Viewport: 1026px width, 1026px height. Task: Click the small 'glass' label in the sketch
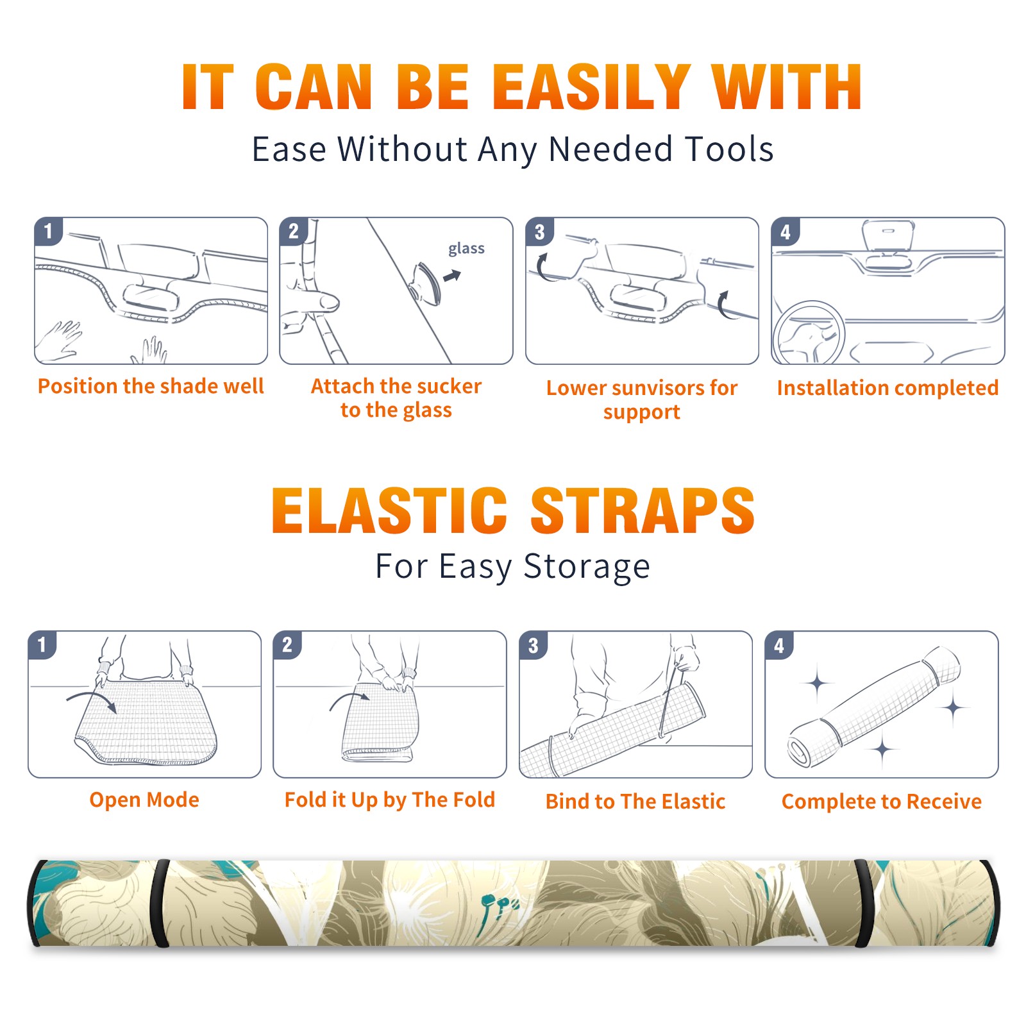coord(466,249)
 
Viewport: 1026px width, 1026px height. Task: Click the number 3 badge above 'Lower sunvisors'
coord(540,231)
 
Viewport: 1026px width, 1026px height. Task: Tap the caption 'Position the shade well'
coord(151,386)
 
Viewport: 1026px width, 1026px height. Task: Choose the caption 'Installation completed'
coord(887,387)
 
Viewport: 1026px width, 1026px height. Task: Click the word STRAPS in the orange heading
coord(643,510)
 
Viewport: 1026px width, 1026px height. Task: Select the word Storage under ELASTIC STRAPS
coord(587,567)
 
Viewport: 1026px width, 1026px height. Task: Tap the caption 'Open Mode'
coord(144,800)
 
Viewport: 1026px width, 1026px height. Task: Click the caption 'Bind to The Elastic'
coord(635,802)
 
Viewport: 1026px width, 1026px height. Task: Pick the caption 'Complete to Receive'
coord(882,802)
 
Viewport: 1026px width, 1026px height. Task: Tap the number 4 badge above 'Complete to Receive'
coord(779,645)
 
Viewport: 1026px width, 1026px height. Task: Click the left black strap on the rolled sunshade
coord(160,904)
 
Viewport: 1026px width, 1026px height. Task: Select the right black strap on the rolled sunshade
coord(864,904)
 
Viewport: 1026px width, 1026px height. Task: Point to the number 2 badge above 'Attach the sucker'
coord(294,231)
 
